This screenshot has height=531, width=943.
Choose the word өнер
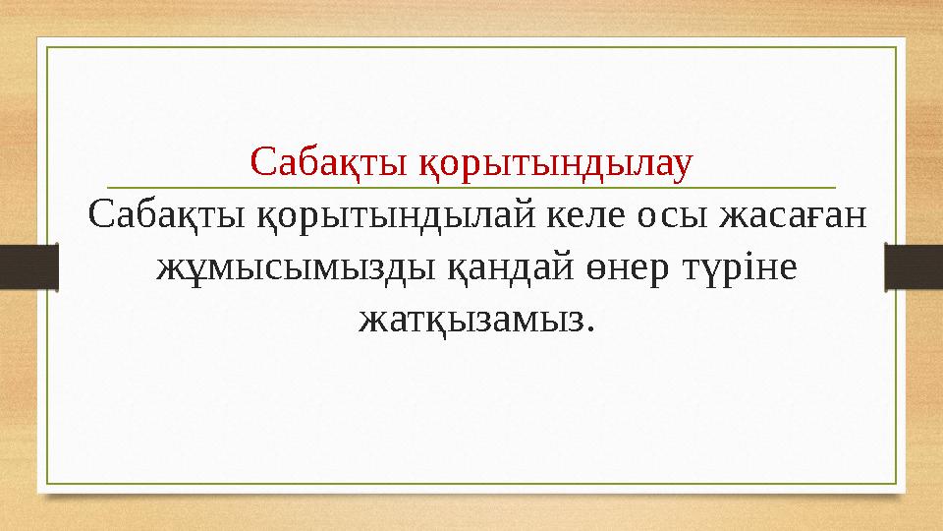(619, 265)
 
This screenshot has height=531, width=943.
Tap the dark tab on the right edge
(914, 266)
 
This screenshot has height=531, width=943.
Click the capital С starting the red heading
(260, 159)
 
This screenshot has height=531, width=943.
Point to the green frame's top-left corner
(48, 46)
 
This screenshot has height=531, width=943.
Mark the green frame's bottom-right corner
(896, 484)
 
